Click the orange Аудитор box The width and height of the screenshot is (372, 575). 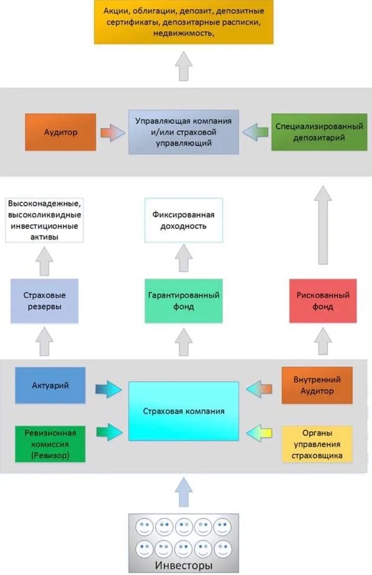[x=60, y=132]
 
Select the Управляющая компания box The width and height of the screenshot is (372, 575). [x=183, y=132]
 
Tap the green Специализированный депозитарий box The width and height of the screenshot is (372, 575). [x=319, y=132]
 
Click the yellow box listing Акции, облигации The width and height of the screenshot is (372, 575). [x=183, y=22]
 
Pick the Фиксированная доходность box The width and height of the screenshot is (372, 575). [x=183, y=220]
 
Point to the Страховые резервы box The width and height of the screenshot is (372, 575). [x=44, y=301]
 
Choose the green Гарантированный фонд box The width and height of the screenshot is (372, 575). [x=183, y=301]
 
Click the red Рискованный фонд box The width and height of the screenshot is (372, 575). [x=323, y=301]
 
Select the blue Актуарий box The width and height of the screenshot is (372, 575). [x=50, y=385]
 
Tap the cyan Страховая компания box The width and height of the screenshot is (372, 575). [x=183, y=411]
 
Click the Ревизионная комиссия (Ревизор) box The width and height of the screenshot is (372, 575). [x=50, y=443]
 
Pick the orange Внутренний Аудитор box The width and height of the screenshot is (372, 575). [x=317, y=385]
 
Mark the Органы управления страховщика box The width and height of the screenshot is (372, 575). [x=317, y=443]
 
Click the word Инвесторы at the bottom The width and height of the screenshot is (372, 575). [x=183, y=565]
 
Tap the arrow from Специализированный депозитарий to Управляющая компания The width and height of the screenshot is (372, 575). [x=255, y=132]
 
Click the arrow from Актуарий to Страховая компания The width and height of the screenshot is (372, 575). [x=108, y=389]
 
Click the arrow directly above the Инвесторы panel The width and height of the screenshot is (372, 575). [x=183, y=491]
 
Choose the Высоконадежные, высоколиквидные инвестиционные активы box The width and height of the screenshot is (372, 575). [x=44, y=220]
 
